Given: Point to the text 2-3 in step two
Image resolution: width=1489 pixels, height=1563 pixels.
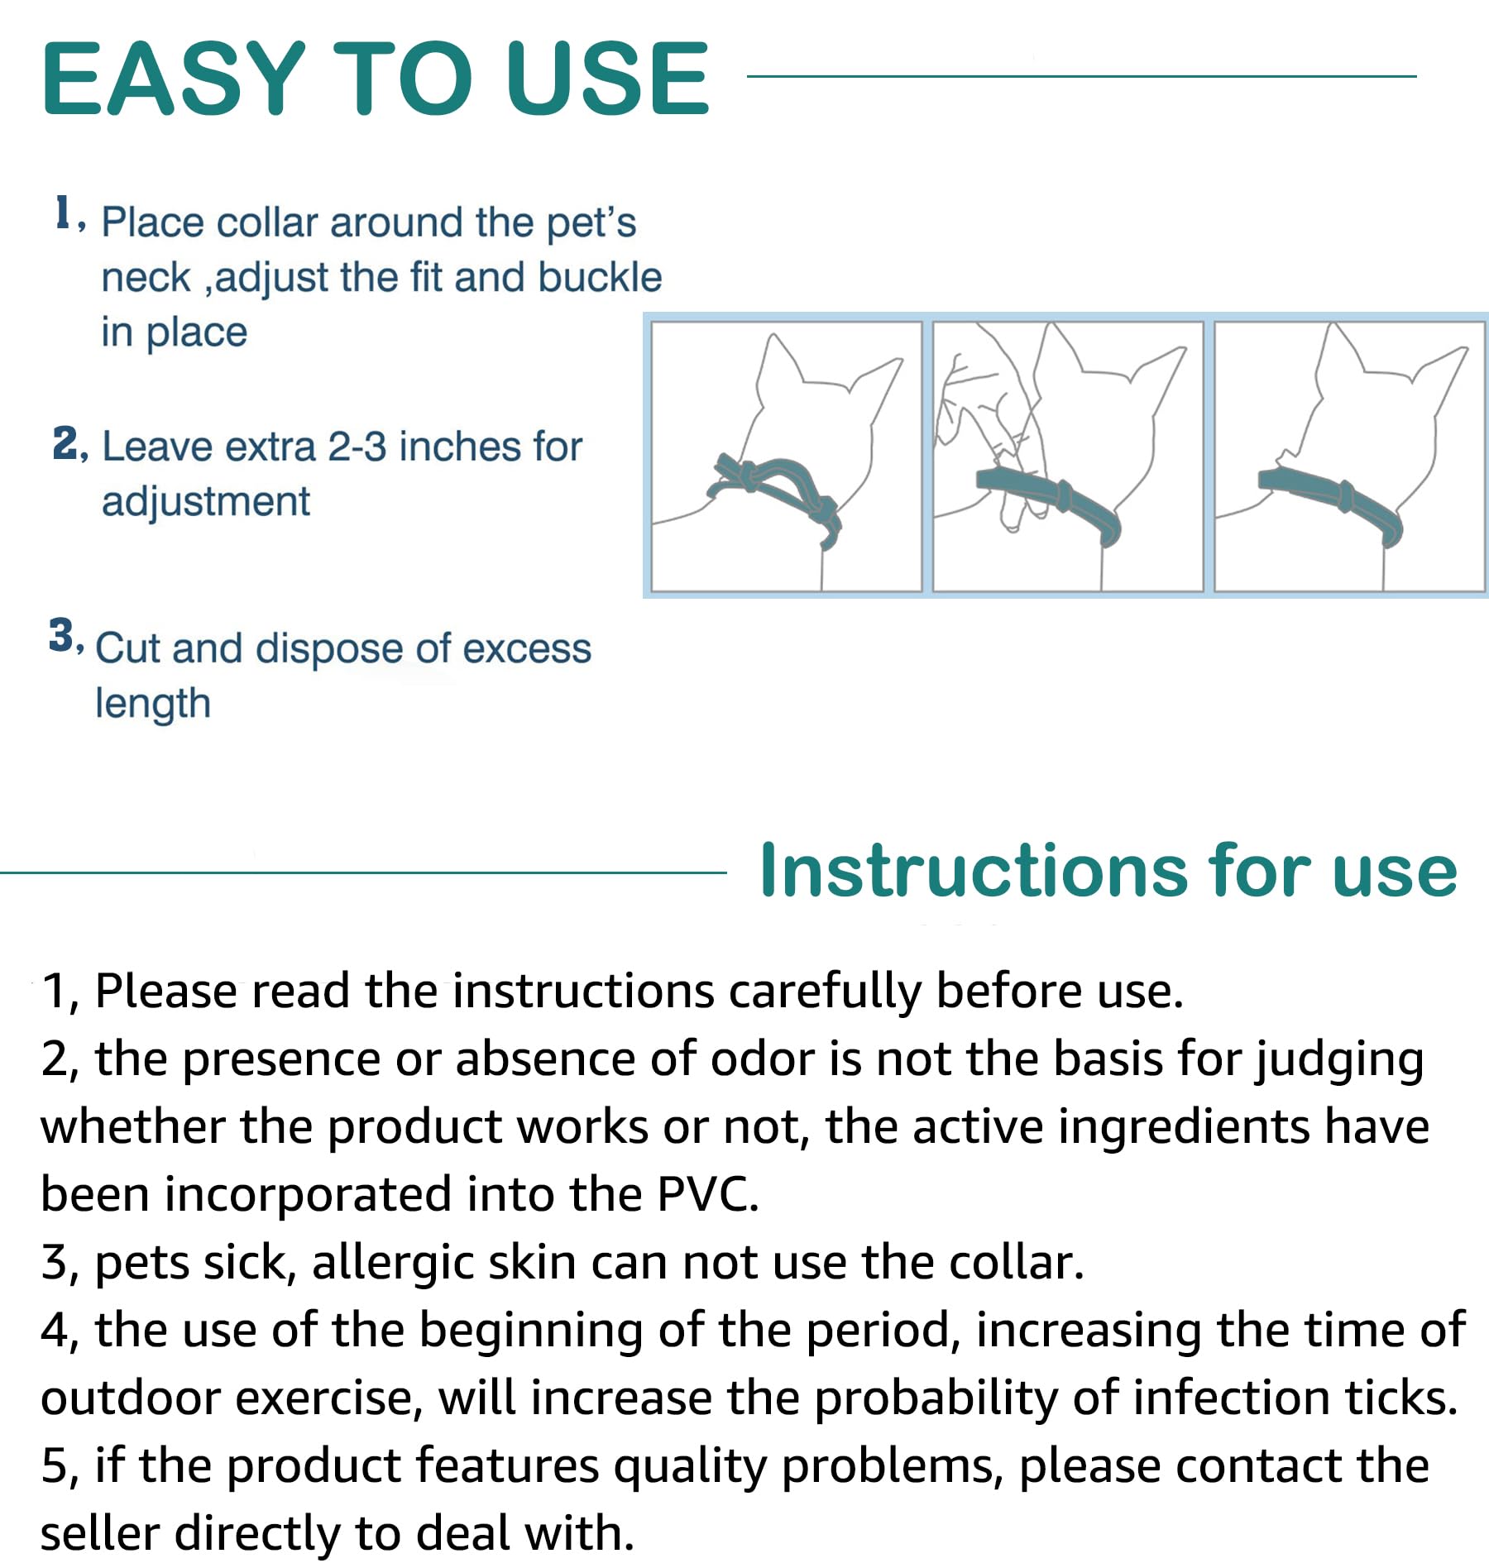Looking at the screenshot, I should coord(357,447).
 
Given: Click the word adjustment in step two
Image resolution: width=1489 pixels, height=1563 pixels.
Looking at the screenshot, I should coord(205,502).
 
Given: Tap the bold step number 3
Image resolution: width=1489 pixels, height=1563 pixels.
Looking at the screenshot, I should coord(61,636).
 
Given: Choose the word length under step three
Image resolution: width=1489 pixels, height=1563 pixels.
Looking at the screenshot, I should coord(153,705).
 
